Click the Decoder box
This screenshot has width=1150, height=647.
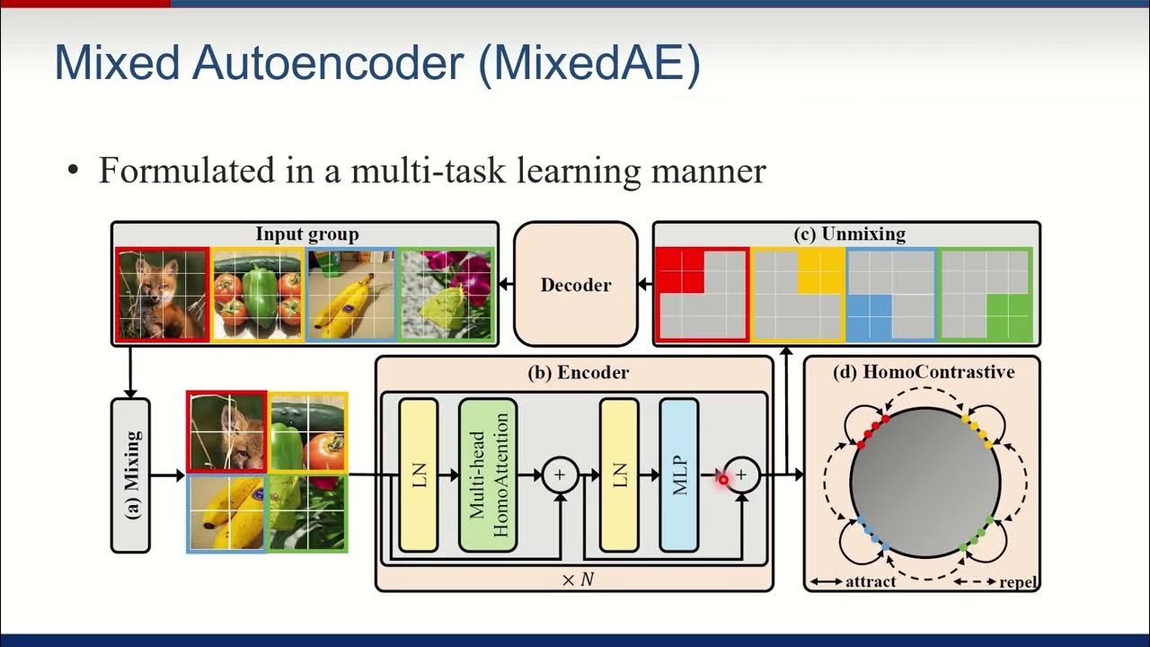[576, 284]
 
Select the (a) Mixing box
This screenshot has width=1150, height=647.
[130, 475]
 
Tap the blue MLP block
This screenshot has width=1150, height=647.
[679, 475]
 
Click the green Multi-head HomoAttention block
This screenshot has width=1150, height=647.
[488, 475]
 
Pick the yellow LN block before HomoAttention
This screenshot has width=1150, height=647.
[419, 475]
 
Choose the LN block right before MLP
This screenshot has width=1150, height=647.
[620, 475]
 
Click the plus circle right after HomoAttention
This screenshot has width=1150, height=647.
[560, 475]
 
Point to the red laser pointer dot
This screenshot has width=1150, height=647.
[723, 480]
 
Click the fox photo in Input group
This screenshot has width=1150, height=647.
[163, 294]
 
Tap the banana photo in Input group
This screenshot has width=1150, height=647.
[351, 294]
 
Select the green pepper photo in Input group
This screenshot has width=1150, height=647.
[257, 294]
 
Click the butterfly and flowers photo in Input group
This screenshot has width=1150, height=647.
[447, 294]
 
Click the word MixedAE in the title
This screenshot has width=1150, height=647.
[588, 64]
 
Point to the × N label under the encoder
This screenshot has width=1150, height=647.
[578, 580]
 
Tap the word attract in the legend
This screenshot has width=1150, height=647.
[871, 581]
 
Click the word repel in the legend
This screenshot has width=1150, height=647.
[1018, 583]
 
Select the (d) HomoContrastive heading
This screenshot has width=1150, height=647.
[924, 372]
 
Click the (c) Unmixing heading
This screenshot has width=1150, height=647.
[850, 234]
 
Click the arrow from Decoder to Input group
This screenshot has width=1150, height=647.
[506, 283]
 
